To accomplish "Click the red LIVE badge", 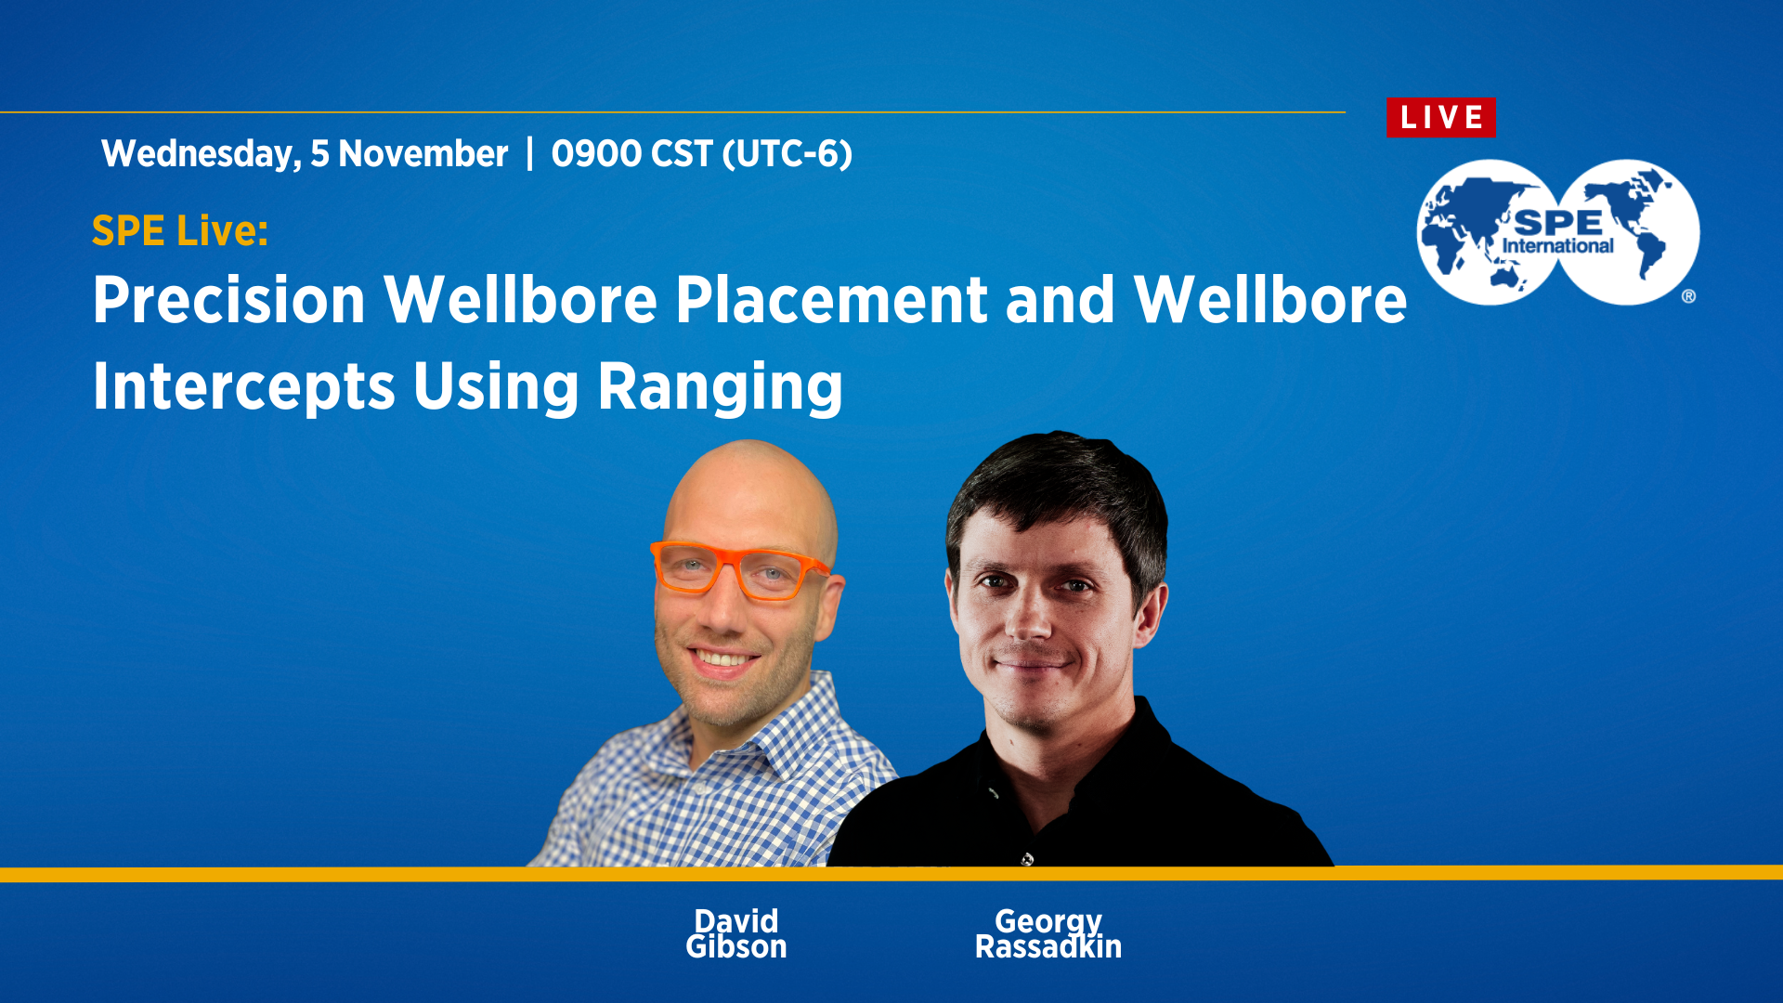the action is point(1440,118).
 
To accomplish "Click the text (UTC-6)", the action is point(787,154).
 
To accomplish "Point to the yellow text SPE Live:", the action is point(180,230).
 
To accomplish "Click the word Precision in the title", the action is point(229,300).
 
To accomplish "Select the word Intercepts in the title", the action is point(244,386).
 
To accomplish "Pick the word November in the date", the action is point(423,154).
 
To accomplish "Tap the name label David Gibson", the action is point(736,933).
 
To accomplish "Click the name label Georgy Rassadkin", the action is point(1048,933).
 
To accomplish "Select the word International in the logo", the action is point(1558,246).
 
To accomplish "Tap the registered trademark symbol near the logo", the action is point(1688,296).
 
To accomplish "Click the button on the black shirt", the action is point(1026,859).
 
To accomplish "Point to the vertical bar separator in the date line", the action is point(529,154).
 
